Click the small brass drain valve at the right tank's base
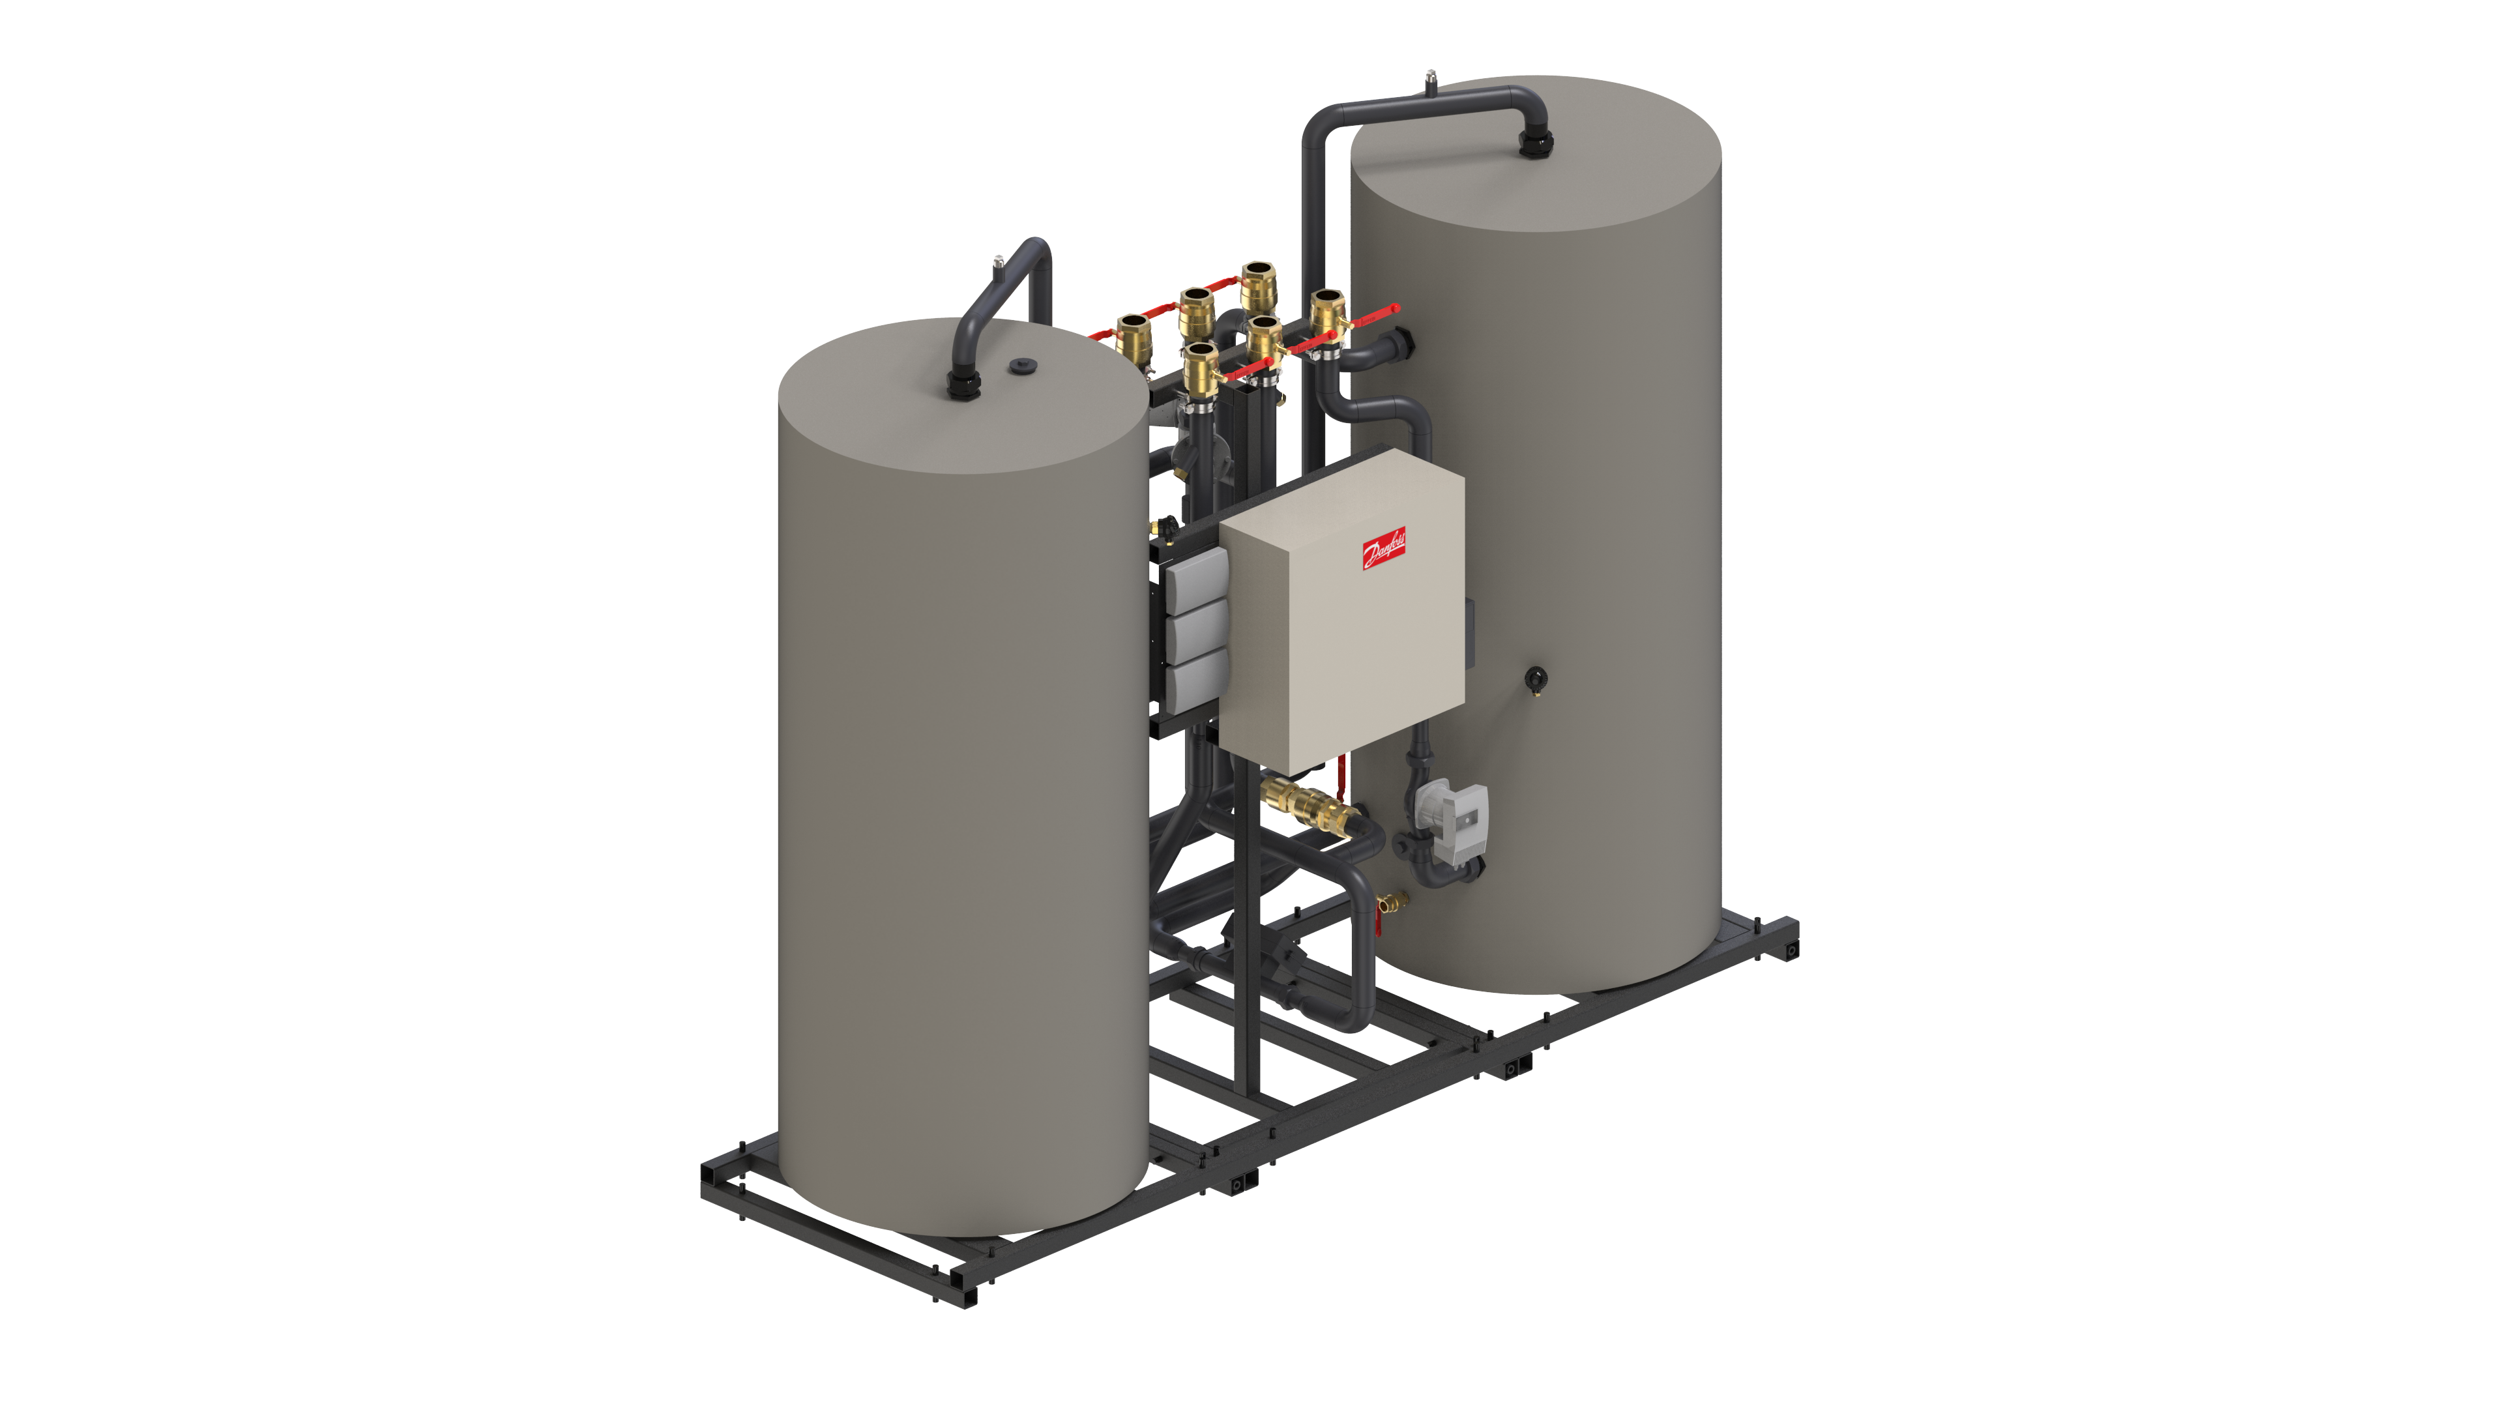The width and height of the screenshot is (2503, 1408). [1392, 903]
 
